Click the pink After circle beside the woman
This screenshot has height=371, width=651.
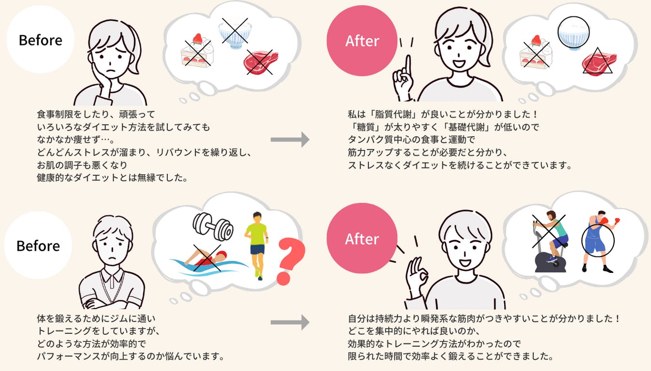pos(362,41)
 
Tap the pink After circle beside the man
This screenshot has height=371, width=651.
pos(362,239)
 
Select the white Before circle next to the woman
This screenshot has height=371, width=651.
pos(40,40)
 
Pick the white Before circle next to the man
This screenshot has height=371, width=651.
pos(38,245)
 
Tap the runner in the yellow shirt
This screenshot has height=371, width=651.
pos(256,244)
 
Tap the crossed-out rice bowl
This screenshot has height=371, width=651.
pos(234,31)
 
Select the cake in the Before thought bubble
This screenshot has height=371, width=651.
pos(196,51)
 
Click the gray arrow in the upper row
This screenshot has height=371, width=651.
pos(289,140)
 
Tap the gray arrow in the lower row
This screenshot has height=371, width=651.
pos(289,322)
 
